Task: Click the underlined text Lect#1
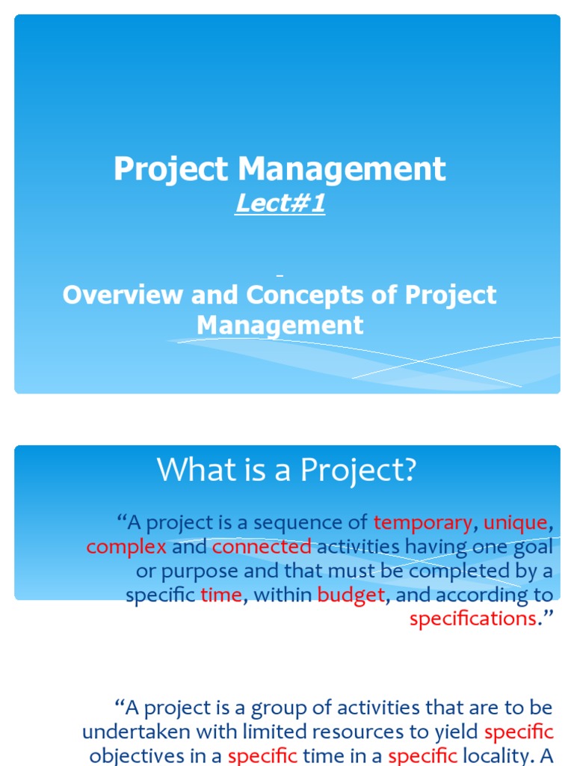(x=280, y=203)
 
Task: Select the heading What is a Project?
(x=286, y=471)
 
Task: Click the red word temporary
(x=422, y=521)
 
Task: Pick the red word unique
(x=516, y=521)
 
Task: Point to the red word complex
(x=126, y=547)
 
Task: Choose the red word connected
(x=261, y=547)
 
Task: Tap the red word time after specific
(x=220, y=595)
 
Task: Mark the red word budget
(x=351, y=595)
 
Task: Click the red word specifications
(x=472, y=619)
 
